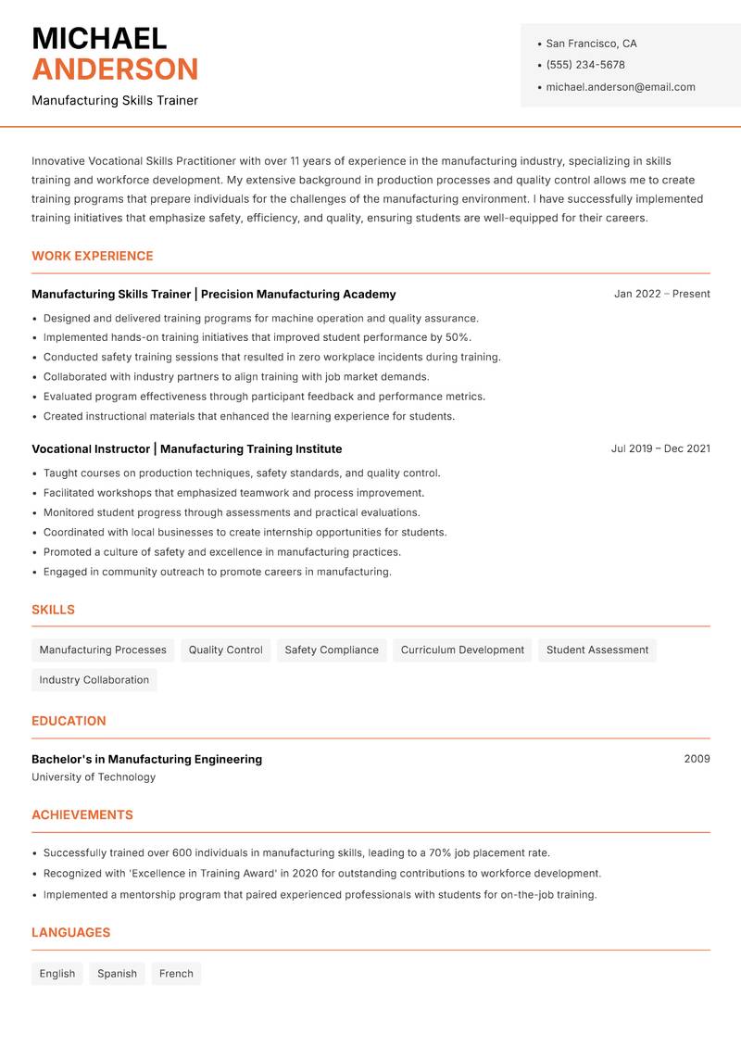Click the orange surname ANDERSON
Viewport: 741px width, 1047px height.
(x=115, y=69)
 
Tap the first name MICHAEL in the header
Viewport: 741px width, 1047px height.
(x=99, y=38)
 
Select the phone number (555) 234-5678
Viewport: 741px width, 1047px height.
(x=584, y=65)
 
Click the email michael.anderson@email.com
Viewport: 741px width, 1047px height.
(x=620, y=87)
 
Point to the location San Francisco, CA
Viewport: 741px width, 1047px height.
(x=591, y=44)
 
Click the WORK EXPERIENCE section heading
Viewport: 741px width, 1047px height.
(x=92, y=256)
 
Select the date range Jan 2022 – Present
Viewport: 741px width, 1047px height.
(x=661, y=294)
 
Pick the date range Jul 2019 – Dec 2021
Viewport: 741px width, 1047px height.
(x=659, y=448)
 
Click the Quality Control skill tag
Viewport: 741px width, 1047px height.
(x=225, y=650)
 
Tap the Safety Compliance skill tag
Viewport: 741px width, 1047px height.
(x=332, y=650)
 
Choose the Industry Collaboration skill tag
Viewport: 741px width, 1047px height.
(x=94, y=680)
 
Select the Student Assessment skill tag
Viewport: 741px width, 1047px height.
(x=597, y=650)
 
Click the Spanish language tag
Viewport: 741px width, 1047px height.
(x=117, y=974)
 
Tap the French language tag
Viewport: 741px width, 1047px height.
(x=176, y=974)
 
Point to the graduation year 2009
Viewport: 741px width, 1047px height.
(x=697, y=759)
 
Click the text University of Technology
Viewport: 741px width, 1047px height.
(x=94, y=777)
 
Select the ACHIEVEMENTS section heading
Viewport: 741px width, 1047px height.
(x=82, y=815)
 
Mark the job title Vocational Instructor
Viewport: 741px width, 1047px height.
(x=91, y=448)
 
